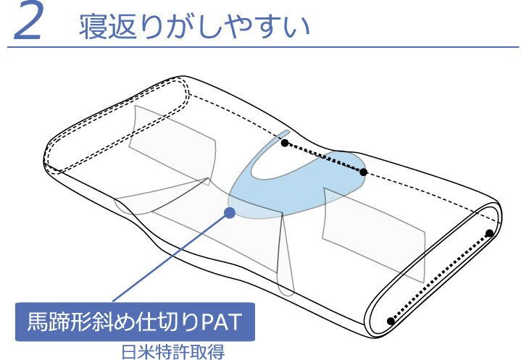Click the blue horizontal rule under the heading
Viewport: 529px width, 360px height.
(x=264, y=47)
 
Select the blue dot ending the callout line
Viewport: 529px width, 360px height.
(x=230, y=213)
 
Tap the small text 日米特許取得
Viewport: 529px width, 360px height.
(x=173, y=351)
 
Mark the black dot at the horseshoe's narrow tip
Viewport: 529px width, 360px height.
(x=285, y=143)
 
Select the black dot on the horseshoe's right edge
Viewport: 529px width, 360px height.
(x=364, y=172)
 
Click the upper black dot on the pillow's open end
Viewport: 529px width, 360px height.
(x=489, y=233)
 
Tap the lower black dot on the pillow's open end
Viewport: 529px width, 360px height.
(x=391, y=320)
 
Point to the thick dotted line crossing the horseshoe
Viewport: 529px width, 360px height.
(x=324, y=158)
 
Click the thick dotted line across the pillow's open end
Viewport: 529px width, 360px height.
(x=440, y=277)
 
